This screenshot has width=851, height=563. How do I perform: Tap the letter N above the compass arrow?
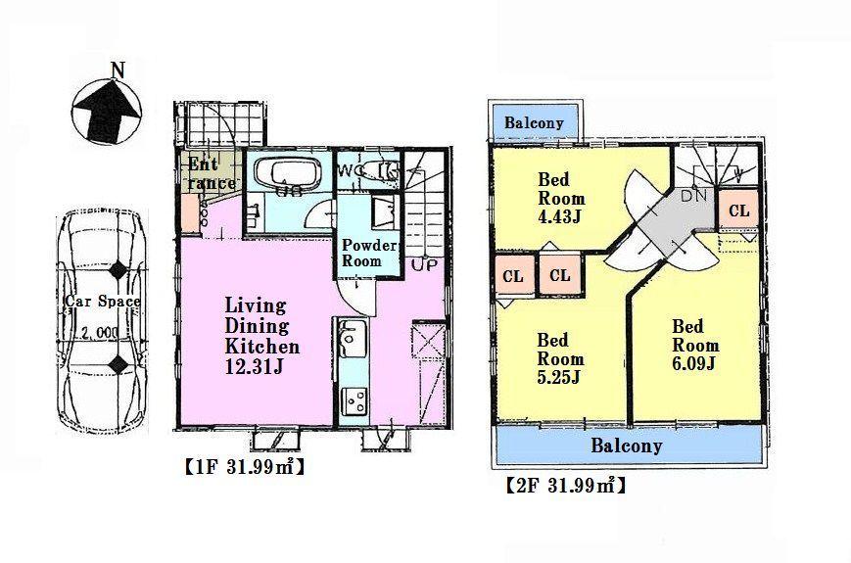pos(118,70)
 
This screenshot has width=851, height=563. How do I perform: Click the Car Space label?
pos(102,302)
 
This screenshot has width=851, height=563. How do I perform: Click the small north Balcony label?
pos(534,123)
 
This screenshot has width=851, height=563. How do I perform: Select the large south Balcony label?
pos(626,446)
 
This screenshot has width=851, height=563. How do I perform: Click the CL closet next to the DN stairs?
pos(738,210)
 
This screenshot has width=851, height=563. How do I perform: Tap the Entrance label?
pos(210,173)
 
